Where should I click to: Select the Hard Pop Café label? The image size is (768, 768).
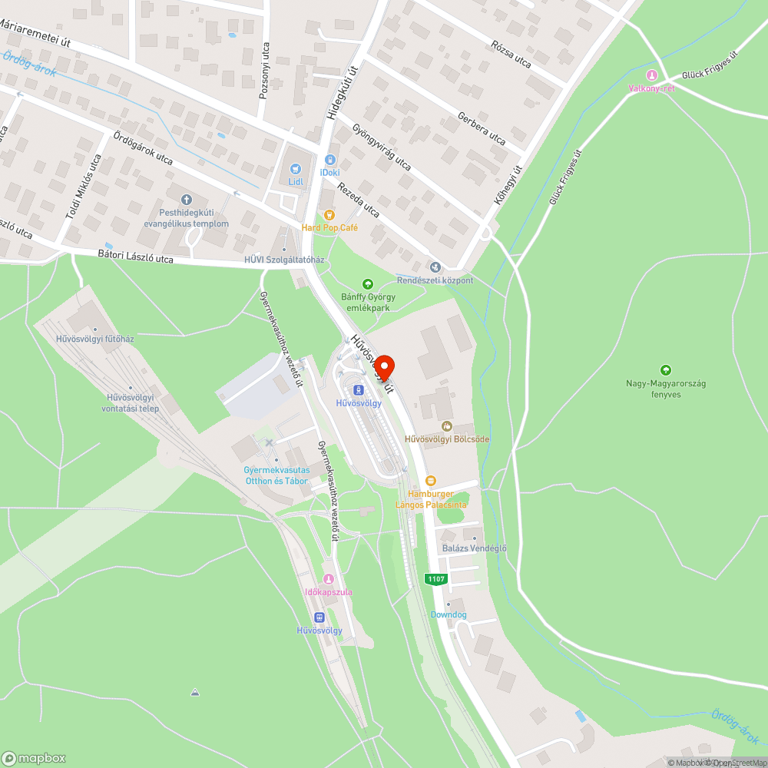pos(329,227)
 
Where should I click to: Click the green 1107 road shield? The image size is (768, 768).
pos(436,579)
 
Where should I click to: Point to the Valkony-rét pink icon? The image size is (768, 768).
pos(652,75)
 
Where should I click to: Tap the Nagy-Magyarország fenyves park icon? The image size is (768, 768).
pos(665,369)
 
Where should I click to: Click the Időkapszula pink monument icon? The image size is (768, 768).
pos(329,579)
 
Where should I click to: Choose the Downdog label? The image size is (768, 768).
pos(449,614)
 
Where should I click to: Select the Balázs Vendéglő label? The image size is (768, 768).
pos(475,548)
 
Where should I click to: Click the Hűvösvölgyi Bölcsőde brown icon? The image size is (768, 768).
pos(447,425)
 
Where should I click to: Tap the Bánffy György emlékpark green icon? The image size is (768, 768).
pos(366,284)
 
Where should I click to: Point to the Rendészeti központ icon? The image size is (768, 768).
pos(435,267)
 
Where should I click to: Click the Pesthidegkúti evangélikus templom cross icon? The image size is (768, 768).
pos(193,200)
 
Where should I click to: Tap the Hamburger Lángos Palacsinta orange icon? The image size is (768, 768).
pos(430,480)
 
